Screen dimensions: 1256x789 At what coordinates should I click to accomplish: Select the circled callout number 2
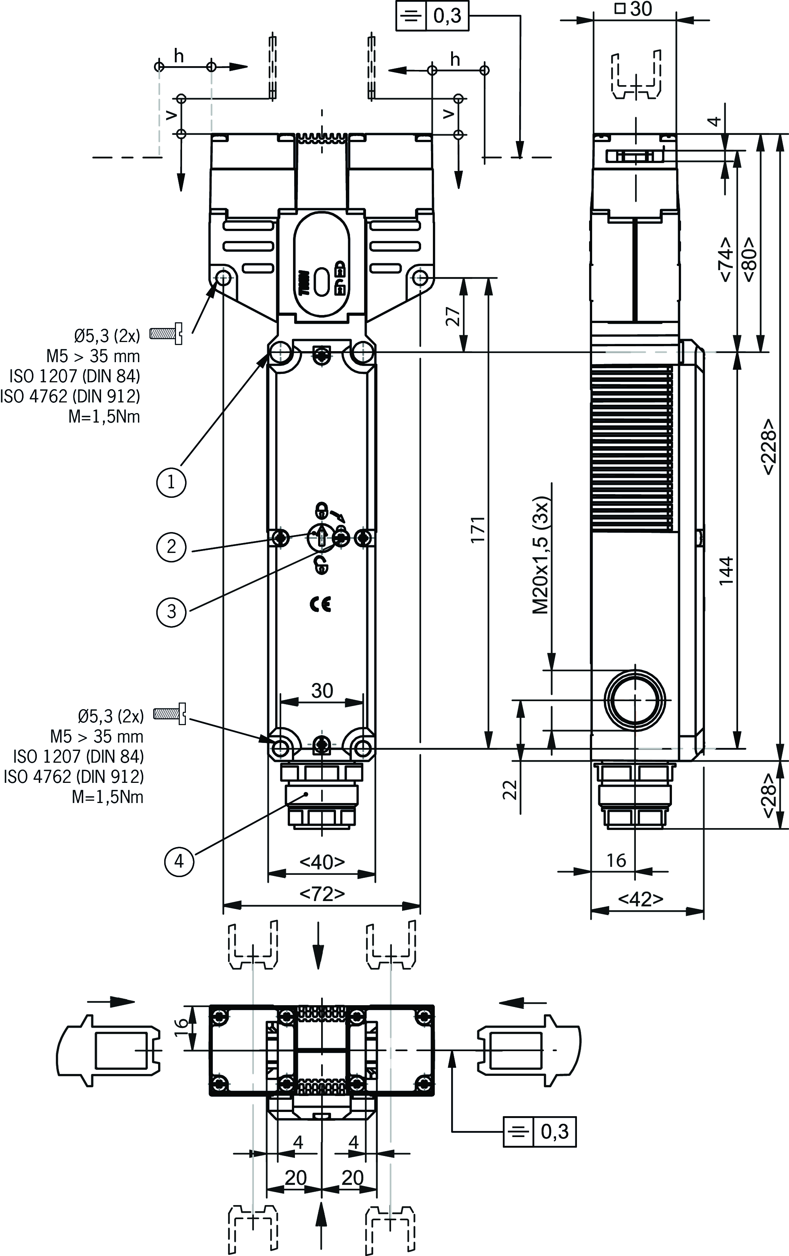171,547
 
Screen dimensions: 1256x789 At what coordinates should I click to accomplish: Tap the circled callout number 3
171,611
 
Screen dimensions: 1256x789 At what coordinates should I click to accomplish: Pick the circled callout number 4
179,861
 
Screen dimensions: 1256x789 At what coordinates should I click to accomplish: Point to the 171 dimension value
478,529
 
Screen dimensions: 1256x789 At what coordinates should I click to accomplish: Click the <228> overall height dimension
768,447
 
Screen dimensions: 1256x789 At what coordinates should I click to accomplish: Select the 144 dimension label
726,571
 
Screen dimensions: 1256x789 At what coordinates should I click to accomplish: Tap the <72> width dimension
322,894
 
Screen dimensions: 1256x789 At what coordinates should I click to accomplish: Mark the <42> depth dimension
641,898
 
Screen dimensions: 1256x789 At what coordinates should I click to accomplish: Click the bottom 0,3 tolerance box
540,1131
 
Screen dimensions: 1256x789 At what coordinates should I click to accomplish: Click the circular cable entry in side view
635,700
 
